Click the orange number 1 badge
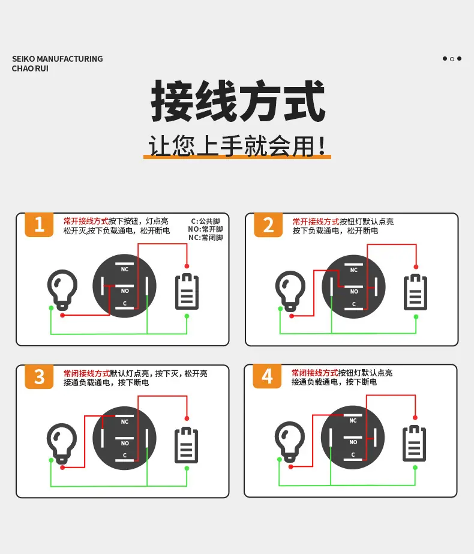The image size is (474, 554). coord(39,224)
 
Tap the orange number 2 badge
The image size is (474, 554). coord(268,225)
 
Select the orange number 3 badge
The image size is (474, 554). coord(39,376)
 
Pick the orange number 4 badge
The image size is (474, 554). coord(267,376)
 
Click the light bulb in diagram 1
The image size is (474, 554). coord(62,290)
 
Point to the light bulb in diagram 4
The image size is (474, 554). coord(290,441)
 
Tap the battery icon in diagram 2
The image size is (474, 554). coord(415,292)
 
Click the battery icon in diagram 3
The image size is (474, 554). coord(187,445)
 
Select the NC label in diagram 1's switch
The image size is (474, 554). coord(125,269)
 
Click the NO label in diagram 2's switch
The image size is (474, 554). coord(354,292)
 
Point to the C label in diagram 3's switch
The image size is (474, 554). coord(125,456)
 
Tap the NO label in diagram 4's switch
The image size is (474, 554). coord(353,442)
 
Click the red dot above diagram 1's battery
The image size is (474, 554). coord(187,266)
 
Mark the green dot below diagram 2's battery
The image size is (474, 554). coord(416,317)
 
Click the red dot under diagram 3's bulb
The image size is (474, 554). coord(62,468)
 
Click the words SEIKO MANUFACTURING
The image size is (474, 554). coord(57,59)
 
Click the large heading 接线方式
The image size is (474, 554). coord(238,101)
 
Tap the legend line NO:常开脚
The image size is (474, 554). coord(205,229)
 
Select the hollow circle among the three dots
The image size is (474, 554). coord(452,59)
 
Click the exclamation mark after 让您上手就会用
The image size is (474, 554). coord(322,146)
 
